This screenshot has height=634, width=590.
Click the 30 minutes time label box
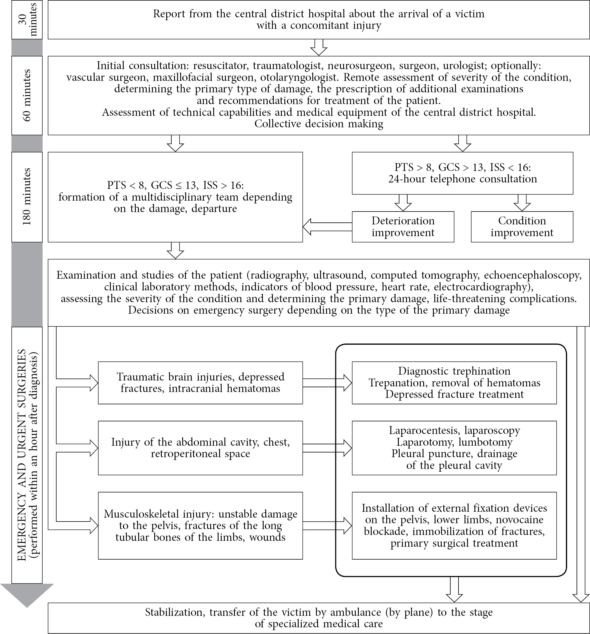(27, 20)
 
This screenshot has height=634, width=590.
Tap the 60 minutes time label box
(27, 95)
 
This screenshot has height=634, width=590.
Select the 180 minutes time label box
(27, 197)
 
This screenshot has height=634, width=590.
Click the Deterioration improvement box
(403, 226)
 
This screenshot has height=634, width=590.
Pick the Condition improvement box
(522, 226)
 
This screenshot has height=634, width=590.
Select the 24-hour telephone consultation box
(462, 173)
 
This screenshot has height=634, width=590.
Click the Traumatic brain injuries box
(200, 383)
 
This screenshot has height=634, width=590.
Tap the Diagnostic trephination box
(454, 383)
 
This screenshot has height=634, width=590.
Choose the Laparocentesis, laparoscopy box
(454, 448)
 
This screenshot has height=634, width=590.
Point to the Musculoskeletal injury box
(200, 525)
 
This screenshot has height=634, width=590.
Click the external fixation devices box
(454, 525)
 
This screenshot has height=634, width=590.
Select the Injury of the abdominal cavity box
(200, 448)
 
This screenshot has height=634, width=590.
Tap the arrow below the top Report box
(319, 47)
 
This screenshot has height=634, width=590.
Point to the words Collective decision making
(319, 124)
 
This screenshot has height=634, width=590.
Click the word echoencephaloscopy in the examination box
(533, 275)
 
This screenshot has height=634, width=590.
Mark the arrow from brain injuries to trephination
(327, 383)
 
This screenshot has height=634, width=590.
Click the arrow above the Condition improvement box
(522, 203)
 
